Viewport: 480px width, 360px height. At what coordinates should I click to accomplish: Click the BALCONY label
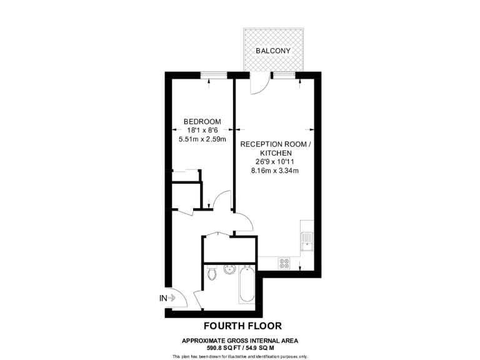point(272,50)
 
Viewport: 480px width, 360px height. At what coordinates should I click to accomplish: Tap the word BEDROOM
point(202,121)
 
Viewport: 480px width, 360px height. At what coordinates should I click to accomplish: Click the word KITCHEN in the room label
point(275,152)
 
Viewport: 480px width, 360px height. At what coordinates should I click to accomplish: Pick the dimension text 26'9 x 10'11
point(275,161)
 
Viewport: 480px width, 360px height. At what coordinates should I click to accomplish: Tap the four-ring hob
point(283,264)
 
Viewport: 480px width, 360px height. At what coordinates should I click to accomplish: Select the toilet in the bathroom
point(212,274)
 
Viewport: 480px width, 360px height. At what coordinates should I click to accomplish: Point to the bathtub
point(245,286)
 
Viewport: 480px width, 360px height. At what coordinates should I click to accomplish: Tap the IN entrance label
point(163,299)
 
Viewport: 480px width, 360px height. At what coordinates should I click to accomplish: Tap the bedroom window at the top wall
point(213,74)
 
